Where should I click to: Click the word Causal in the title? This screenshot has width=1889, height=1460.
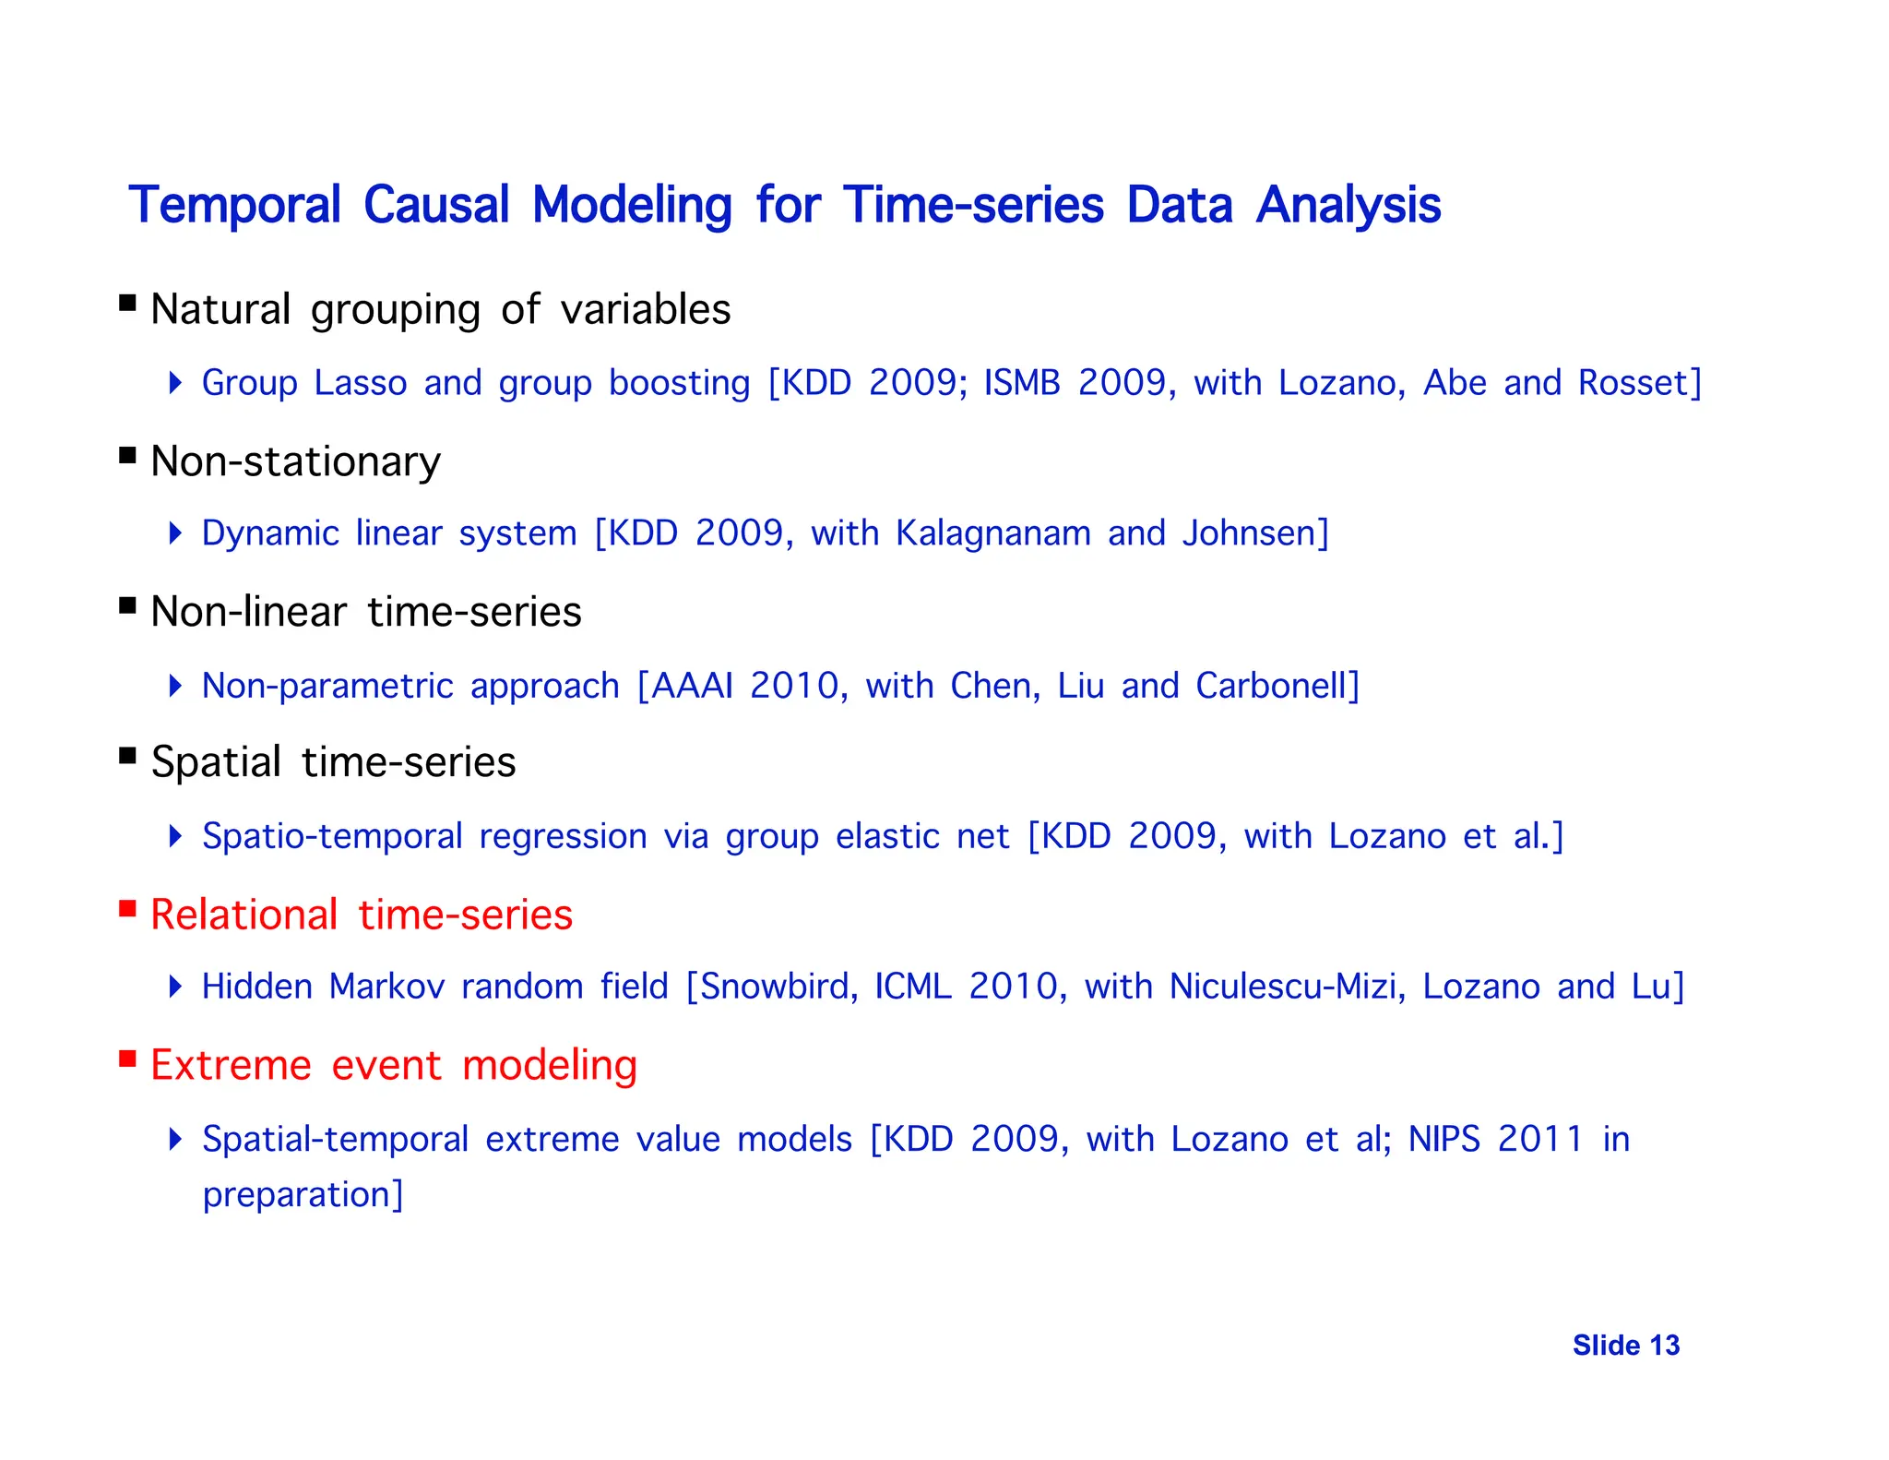click(x=435, y=205)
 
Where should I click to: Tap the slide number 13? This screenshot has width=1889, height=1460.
click(x=1665, y=1346)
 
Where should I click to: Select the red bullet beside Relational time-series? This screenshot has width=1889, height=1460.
click(x=128, y=910)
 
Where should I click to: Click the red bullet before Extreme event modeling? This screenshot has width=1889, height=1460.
click(x=128, y=1059)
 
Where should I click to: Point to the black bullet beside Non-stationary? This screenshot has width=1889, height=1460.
click(x=128, y=455)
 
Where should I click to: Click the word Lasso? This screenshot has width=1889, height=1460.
click(x=360, y=383)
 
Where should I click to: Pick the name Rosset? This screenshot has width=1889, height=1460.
click(x=1634, y=383)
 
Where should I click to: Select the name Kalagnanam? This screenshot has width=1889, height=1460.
click(x=992, y=534)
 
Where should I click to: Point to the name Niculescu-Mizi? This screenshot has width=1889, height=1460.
click(x=1286, y=987)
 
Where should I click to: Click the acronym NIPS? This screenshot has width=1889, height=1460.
click(x=1443, y=1139)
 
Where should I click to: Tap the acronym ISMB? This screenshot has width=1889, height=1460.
click(x=1022, y=383)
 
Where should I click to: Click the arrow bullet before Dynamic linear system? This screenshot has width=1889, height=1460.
click(x=176, y=533)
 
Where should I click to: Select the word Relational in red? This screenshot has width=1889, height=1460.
click(x=244, y=915)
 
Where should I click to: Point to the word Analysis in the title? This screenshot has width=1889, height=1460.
click(x=1348, y=205)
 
